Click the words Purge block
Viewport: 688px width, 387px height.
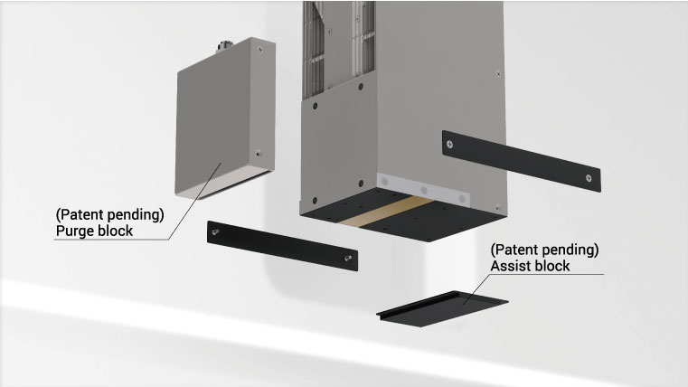coord(94,231)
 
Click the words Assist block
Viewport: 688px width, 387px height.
coord(530,266)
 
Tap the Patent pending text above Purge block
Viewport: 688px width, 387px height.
coord(109,214)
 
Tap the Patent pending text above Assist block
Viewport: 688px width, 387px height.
coord(544,250)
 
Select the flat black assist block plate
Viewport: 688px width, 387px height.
coord(442,309)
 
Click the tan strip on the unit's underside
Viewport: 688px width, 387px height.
coord(385,212)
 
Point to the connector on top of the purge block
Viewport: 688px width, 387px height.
coord(226,45)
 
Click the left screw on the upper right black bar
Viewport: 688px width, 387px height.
coord(449,144)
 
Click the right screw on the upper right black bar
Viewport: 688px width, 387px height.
coord(589,178)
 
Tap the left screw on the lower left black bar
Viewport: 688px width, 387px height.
coord(215,231)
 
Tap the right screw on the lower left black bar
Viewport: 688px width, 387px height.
coord(348,258)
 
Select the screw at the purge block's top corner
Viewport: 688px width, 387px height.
coord(260,50)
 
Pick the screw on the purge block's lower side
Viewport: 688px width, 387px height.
coord(259,154)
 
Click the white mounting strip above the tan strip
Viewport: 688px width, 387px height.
coord(423,190)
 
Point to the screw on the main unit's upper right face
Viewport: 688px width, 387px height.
coord(498,74)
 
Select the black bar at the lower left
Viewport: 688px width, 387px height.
coord(282,246)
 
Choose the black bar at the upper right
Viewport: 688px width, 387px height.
coord(522,161)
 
